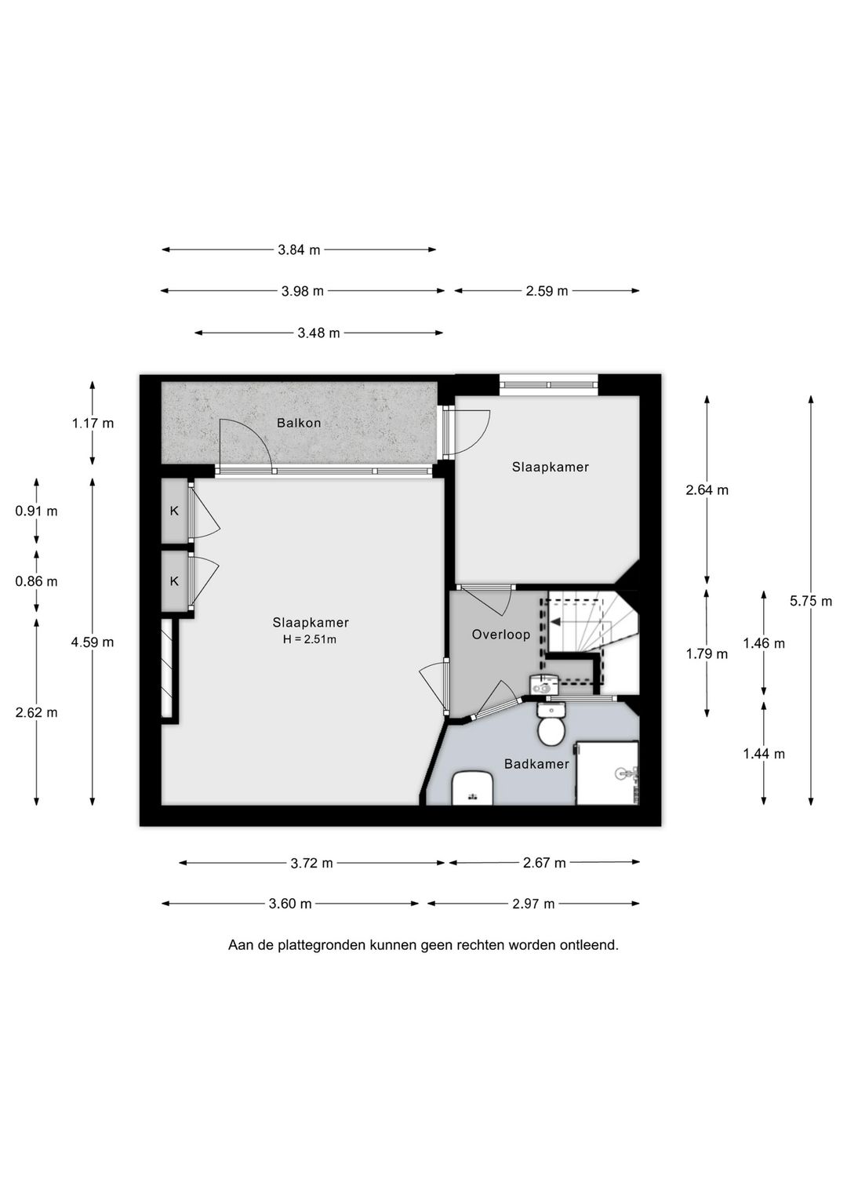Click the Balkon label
pos(299,423)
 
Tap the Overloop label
pos(500,635)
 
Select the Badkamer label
pos(536,764)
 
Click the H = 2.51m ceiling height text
pos(310,639)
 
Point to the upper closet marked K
pos(174,511)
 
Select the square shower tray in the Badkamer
pos(608,773)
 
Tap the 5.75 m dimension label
pos(811,601)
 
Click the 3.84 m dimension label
pos(299,250)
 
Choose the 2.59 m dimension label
pos(547,291)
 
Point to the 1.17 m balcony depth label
pos(93,424)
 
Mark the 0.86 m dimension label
pos(36,581)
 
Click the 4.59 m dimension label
pos(93,642)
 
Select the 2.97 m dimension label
pos(533,904)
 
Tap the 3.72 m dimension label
pos(311,863)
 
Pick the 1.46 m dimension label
pos(764,643)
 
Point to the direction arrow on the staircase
pos(556,622)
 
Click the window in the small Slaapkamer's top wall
pos(549,384)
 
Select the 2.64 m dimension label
pos(707,490)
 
